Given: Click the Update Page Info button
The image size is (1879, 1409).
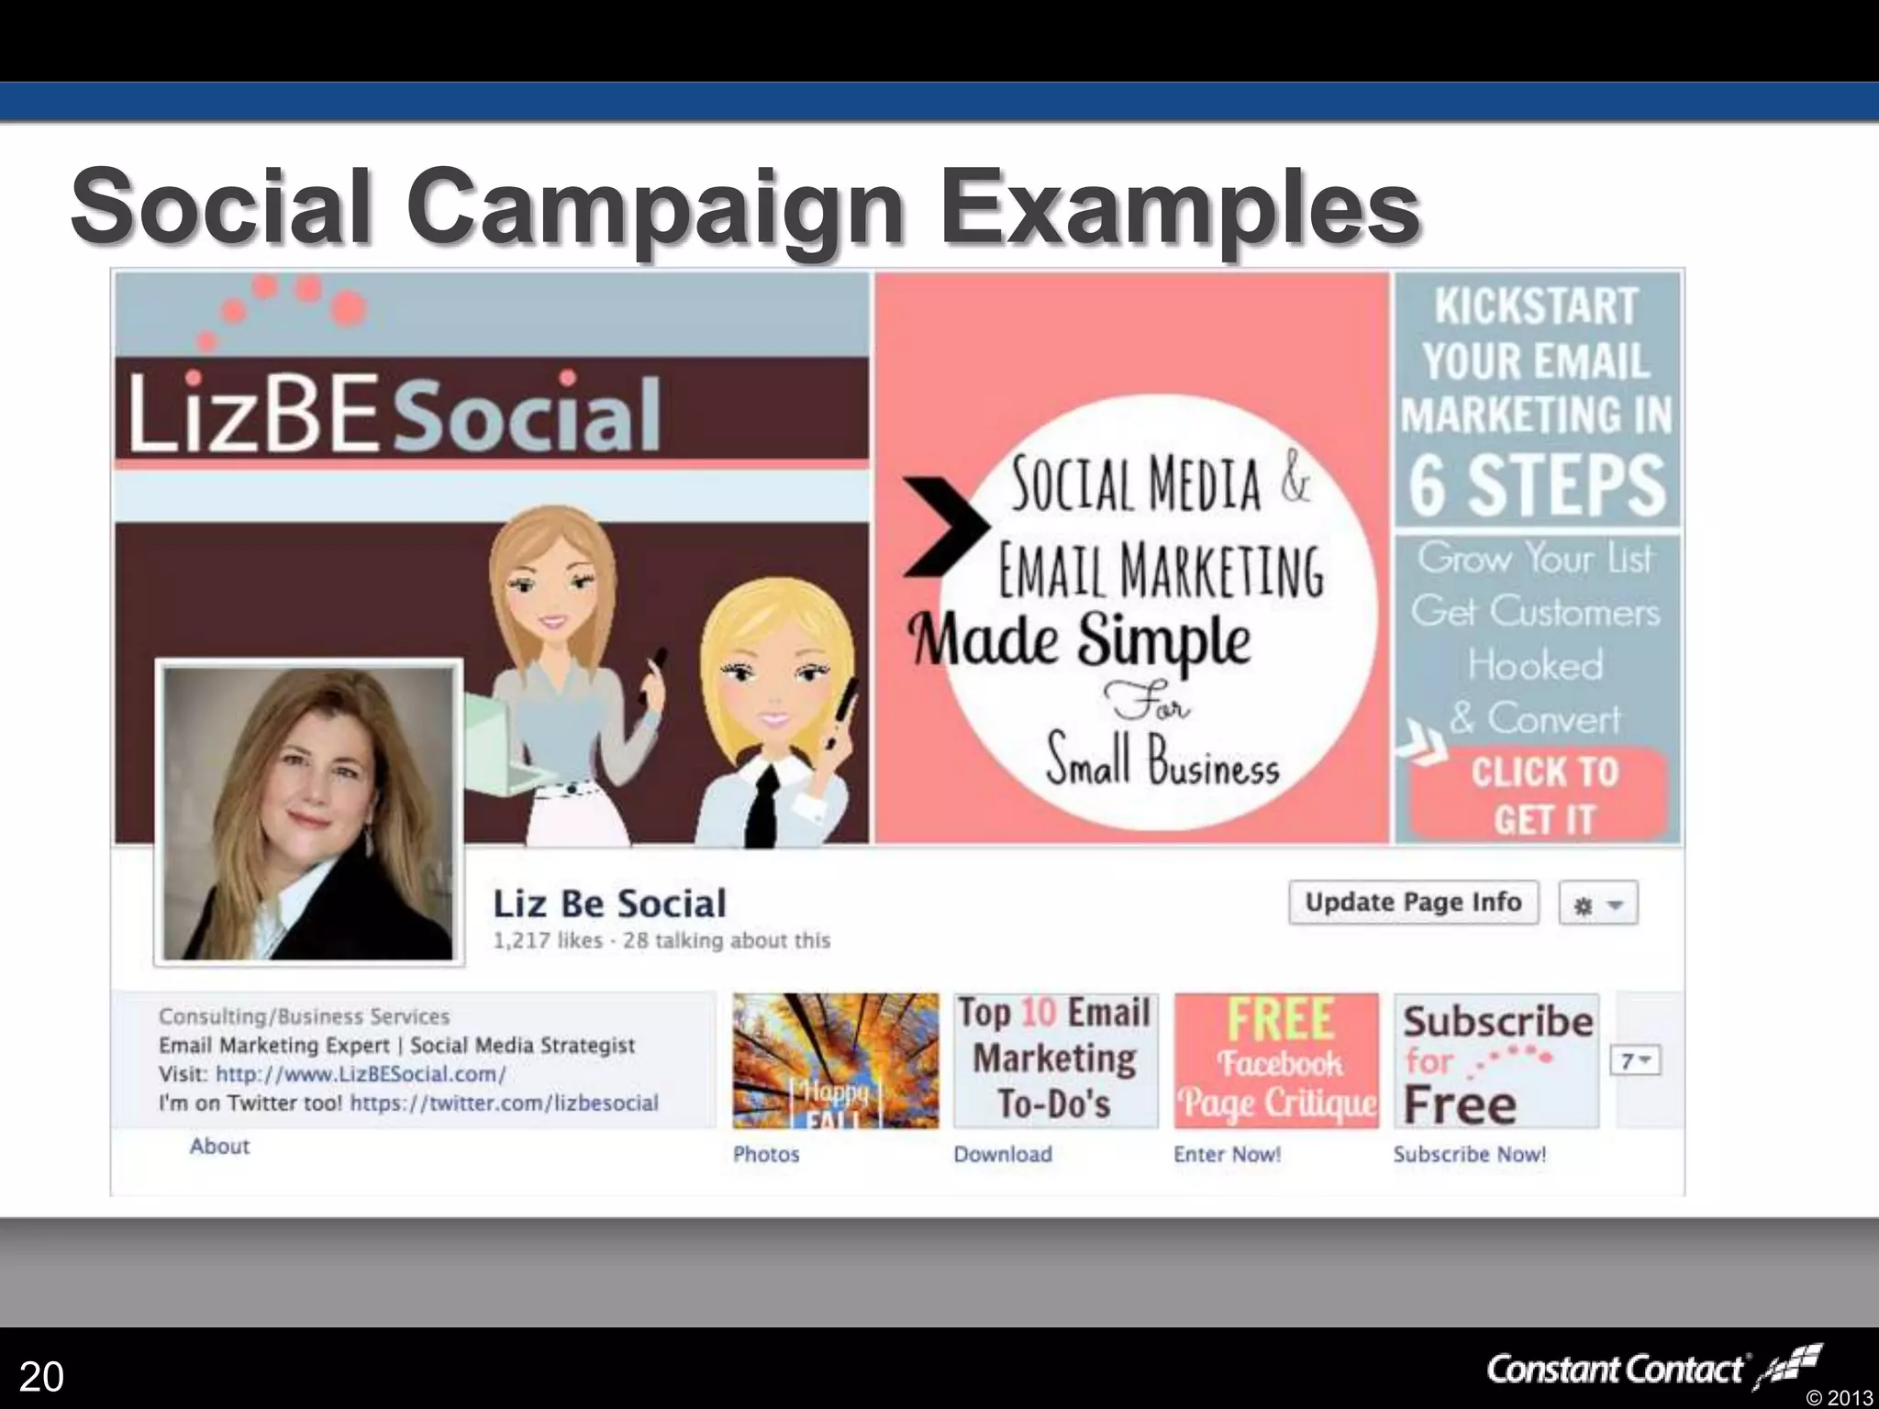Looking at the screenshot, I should (x=1413, y=903).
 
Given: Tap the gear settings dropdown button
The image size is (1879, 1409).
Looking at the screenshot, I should (x=1597, y=905).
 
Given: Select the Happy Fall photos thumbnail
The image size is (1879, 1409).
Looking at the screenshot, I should (x=836, y=1060).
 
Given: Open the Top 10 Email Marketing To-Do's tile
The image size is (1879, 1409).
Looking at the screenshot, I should (x=1055, y=1060).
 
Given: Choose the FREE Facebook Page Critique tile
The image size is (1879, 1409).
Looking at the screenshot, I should (x=1276, y=1060).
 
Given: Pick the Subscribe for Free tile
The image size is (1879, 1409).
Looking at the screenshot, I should (x=1496, y=1060).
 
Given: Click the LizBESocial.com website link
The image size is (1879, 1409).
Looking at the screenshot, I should (x=361, y=1074).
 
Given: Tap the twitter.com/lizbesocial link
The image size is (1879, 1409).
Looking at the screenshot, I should (x=504, y=1103).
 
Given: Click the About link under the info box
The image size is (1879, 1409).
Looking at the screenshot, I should (x=219, y=1146).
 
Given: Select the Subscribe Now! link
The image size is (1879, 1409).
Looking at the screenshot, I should (x=1469, y=1154).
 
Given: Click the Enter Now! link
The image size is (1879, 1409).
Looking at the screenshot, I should (x=1227, y=1154).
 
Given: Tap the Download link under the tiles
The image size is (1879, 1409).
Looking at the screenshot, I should (x=1002, y=1154).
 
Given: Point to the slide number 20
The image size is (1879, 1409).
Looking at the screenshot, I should (x=41, y=1376).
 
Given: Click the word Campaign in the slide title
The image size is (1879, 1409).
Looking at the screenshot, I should (x=657, y=207).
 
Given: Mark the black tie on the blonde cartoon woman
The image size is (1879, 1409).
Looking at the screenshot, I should (x=762, y=807).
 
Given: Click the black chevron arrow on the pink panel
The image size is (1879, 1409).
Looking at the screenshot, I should (x=945, y=527).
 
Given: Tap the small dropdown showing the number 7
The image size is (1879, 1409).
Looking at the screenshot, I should (x=1635, y=1061).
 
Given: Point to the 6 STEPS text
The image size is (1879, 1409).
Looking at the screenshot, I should (x=1537, y=485).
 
